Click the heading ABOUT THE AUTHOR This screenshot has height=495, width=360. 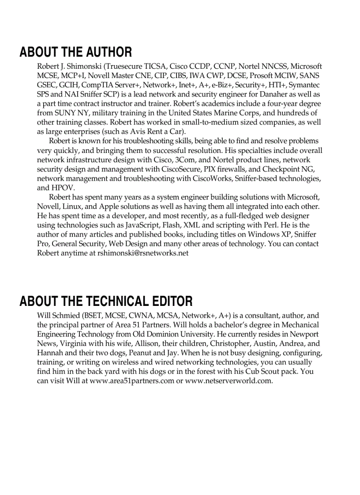point(75,52)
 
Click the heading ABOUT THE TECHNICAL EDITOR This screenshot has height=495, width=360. point(106,301)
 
